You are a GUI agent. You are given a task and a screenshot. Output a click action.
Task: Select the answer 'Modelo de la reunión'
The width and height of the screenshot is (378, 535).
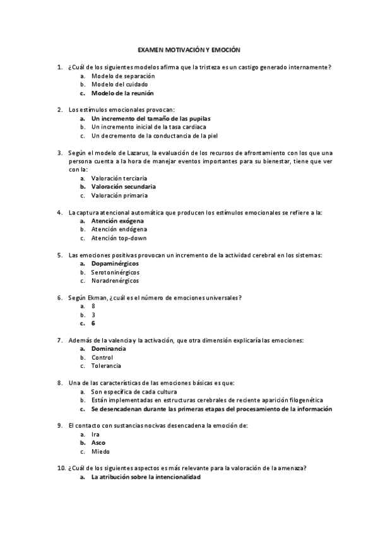coord(122,93)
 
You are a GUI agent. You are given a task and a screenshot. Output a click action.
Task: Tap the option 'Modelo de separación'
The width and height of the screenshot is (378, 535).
coord(123,76)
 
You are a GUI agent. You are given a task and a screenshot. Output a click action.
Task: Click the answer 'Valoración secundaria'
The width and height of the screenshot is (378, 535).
coord(124,186)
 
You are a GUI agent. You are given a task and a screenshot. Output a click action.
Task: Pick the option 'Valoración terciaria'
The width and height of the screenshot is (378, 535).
coord(121,178)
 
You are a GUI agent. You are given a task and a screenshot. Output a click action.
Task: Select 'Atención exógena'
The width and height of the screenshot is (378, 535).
coord(117,221)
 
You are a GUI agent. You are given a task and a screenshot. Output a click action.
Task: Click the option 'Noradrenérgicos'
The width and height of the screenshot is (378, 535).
coord(115,281)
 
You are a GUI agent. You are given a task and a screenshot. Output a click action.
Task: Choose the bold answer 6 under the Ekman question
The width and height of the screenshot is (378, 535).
coord(93,323)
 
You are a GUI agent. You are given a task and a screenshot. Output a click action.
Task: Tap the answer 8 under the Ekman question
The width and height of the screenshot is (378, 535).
coord(93,306)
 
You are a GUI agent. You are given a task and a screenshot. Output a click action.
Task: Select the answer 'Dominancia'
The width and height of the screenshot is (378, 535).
coord(109,349)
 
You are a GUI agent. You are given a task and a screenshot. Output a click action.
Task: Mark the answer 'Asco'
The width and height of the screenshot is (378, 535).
coord(98,443)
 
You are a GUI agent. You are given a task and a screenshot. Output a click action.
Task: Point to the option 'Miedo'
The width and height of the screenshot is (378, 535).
coord(100,452)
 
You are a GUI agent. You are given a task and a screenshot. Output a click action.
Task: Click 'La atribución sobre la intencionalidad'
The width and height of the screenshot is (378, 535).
coord(146,477)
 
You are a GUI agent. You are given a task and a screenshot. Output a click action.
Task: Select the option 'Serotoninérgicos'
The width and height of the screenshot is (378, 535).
coord(115,272)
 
